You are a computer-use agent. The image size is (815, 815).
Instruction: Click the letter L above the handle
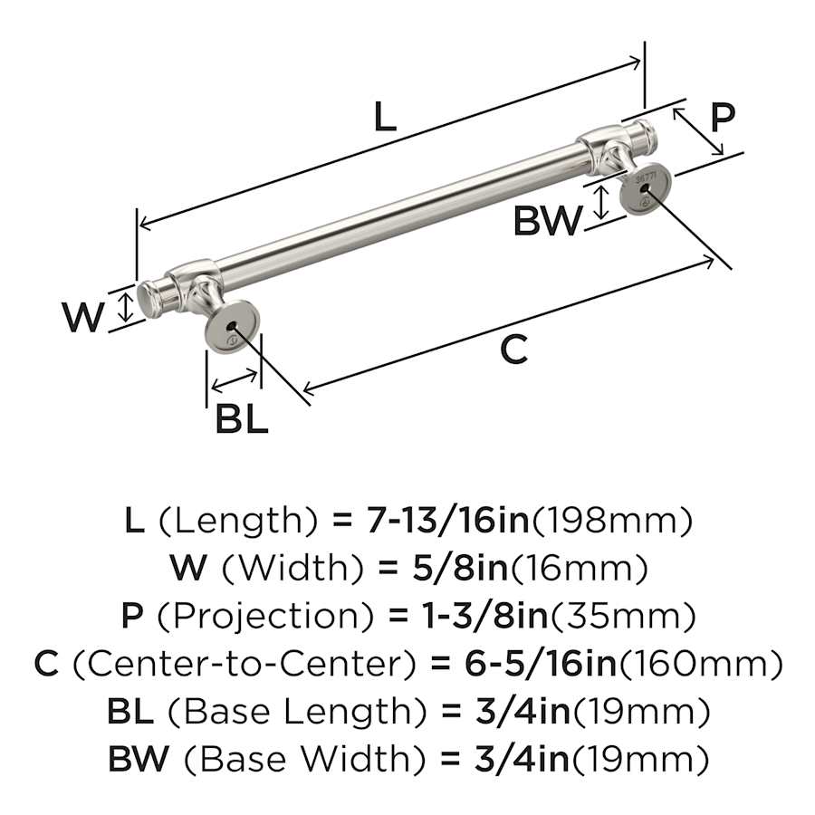[385, 117]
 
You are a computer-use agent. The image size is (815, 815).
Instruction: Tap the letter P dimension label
[722, 118]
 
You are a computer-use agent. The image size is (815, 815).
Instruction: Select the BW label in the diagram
[548, 220]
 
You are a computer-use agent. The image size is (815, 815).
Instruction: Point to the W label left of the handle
[83, 317]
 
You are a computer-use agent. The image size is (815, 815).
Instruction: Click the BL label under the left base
[241, 419]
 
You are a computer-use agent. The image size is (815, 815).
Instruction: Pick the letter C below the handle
[514, 350]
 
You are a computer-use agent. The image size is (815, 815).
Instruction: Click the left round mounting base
[230, 326]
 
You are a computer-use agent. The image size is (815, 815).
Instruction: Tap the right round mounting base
[645, 187]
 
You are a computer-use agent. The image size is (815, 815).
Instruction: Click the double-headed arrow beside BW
[601, 203]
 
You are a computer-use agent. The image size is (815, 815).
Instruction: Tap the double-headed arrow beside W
[125, 307]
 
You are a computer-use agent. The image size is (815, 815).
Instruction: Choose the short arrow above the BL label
[235, 381]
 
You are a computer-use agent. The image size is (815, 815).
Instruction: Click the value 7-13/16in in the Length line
[448, 521]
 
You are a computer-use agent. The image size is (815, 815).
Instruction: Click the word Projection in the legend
[265, 616]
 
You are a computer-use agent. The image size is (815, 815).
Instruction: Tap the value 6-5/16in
[541, 663]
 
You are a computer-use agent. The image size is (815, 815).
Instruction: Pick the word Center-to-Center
[244, 664]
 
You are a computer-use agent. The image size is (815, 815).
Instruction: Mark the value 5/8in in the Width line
[460, 568]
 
